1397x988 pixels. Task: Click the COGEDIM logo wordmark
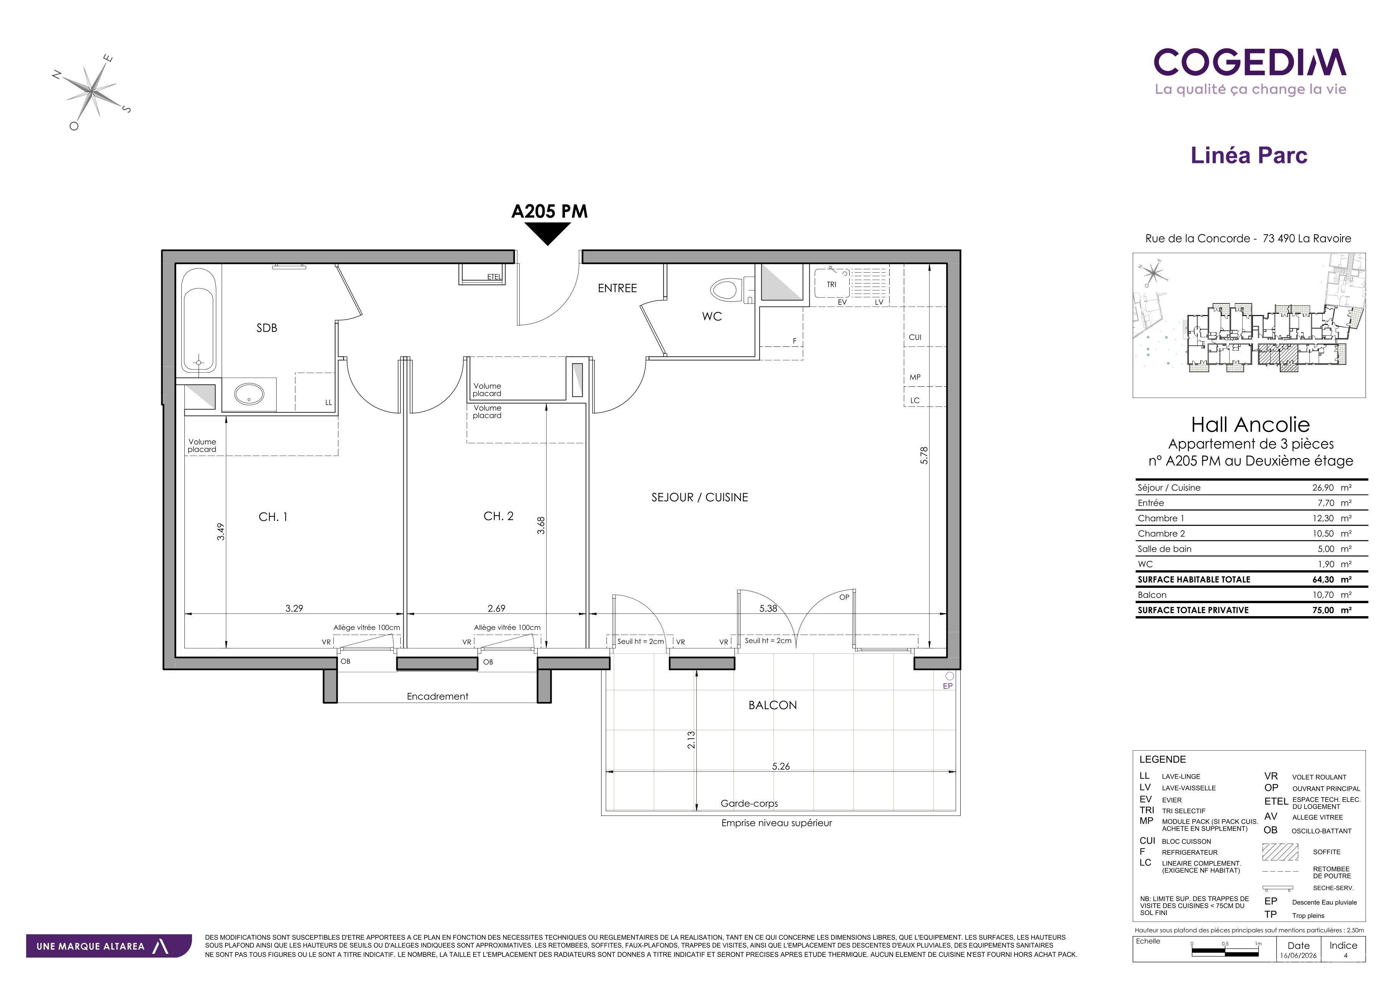1250,63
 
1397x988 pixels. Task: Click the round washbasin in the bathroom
249,394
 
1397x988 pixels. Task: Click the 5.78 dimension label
924,456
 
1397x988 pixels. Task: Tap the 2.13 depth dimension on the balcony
691,740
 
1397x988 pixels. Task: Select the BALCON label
773,705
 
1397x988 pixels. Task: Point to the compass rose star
92,92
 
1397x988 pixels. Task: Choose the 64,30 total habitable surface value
1323,580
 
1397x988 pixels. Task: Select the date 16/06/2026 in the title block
1298,956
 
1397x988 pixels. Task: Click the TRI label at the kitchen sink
831,284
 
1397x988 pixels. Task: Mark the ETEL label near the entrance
494,277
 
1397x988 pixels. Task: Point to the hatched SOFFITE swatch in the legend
1280,852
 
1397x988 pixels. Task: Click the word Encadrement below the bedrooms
437,696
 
